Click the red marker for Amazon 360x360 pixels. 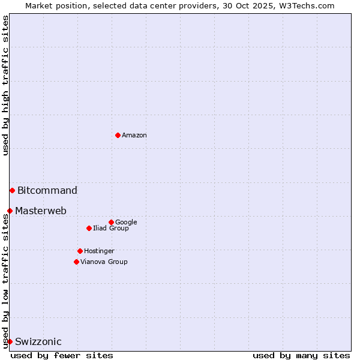[x=118, y=135]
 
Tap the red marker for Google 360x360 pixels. [x=111, y=222]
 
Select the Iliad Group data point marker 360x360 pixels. [x=89, y=228]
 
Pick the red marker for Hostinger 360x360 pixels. [x=80, y=251]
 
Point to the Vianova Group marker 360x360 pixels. [x=76, y=262]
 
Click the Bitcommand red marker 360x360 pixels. [x=12, y=190]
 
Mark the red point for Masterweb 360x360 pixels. [x=10, y=211]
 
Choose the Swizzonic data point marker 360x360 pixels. [x=10, y=341]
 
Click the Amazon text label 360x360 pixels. [x=134, y=136]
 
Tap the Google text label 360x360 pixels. [x=126, y=223]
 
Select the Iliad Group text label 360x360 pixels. [x=111, y=229]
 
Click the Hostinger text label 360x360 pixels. [x=99, y=251]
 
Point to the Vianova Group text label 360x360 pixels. [x=104, y=262]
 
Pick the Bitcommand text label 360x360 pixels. [x=47, y=191]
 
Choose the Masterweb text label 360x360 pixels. [x=41, y=211]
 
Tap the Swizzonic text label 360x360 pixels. [x=38, y=342]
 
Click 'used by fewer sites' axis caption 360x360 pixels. [x=62, y=355]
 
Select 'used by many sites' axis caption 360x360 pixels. [x=301, y=355]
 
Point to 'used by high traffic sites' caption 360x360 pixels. [x=6, y=85]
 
